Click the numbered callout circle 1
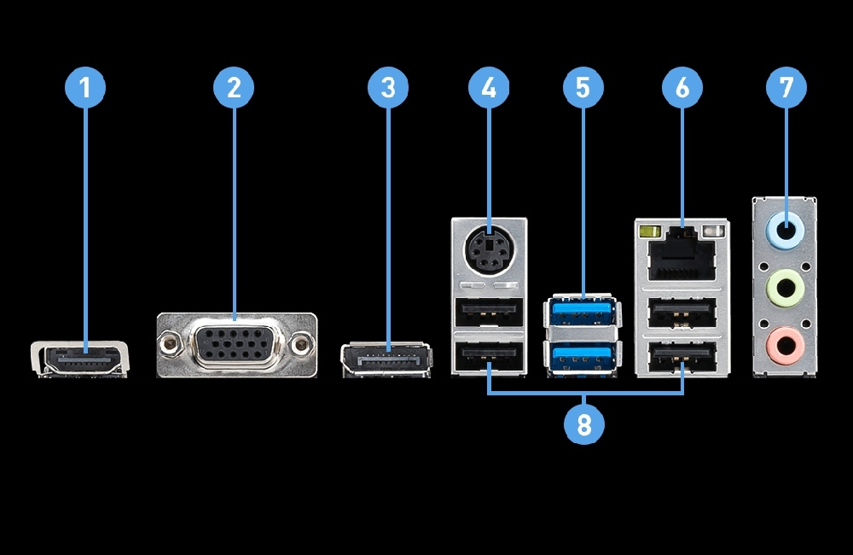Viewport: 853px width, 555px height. click(x=85, y=87)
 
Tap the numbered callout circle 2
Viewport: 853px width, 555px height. click(x=235, y=87)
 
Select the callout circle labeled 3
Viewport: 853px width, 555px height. click(x=388, y=87)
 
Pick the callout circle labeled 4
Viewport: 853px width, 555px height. click(x=489, y=87)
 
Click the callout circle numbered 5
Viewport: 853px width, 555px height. click(x=583, y=87)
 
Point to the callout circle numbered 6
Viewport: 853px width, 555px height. click(x=682, y=87)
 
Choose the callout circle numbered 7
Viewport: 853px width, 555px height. click(x=786, y=87)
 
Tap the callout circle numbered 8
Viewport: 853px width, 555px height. click(x=584, y=424)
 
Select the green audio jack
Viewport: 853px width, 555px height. click(x=786, y=289)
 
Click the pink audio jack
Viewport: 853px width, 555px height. click(x=786, y=346)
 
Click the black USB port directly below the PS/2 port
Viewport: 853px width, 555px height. click(x=489, y=314)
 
